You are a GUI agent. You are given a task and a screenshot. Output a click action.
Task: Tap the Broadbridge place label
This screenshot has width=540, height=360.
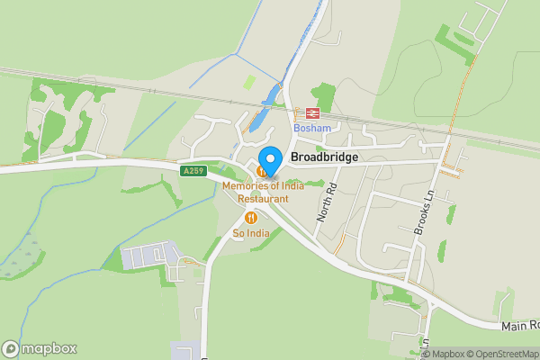point(325,157)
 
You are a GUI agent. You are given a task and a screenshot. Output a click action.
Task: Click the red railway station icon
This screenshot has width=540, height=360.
point(313,114)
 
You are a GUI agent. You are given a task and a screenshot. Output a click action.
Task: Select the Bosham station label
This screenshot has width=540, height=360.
point(312,129)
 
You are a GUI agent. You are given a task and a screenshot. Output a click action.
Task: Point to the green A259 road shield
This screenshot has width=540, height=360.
point(193,170)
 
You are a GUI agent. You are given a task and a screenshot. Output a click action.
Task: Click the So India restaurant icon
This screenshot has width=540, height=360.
point(251,218)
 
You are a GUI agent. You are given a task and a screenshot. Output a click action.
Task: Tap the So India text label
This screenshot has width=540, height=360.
point(251,234)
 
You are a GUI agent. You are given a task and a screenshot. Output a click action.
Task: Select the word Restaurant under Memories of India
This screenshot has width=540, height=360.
point(263,198)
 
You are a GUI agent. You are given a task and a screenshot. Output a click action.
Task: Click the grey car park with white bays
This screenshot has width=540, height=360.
point(145,256)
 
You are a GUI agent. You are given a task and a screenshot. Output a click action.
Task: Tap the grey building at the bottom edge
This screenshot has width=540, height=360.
point(186,351)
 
